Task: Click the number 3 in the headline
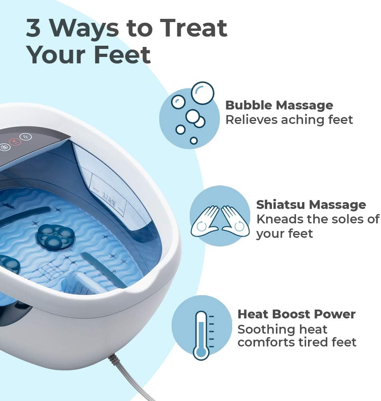tap(34, 28)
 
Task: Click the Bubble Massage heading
tap(279, 105)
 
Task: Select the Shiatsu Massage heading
tap(311, 205)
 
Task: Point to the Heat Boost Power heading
tap(296, 314)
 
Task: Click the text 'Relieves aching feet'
tap(289, 120)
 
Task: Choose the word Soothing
tap(261, 329)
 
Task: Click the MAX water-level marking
tap(109, 198)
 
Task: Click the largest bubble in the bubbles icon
tap(202, 93)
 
